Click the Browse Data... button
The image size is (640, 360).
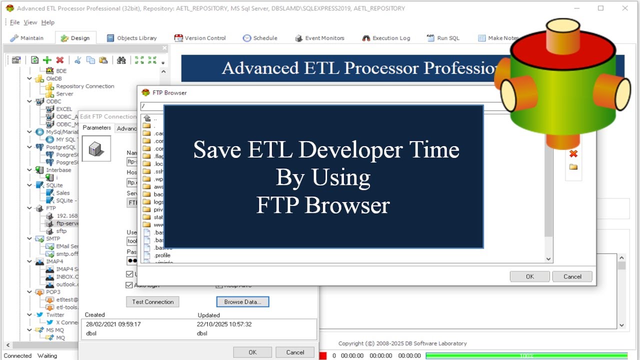click(242, 302)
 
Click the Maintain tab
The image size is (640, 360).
click(27, 38)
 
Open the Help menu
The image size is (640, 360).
click(47, 22)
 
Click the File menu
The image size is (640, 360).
click(14, 22)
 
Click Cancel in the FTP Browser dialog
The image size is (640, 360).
click(572, 276)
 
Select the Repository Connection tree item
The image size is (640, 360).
click(85, 86)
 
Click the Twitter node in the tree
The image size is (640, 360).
click(55, 315)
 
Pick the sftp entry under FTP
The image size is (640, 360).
click(61, 231)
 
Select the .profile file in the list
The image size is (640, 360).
click(162, 255)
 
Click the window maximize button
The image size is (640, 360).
click(600, 8)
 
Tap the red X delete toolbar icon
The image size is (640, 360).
click(60, 60)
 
